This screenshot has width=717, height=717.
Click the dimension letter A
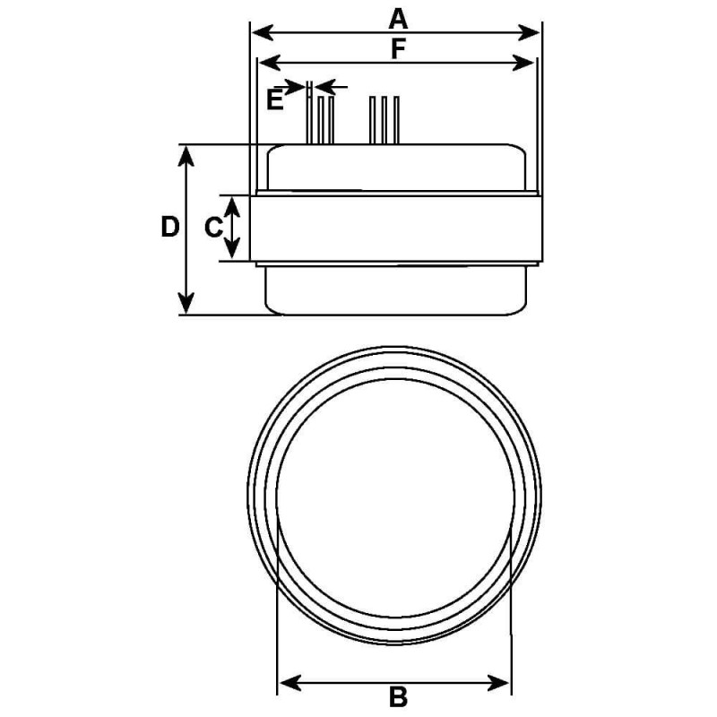point(398,17)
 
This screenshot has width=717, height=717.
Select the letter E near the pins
point(275,99)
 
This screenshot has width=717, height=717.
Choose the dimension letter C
point(212,228)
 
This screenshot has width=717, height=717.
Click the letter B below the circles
point(398,695)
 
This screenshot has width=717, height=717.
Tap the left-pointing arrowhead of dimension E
point(326,87)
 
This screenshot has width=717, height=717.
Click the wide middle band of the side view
point(396,228)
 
